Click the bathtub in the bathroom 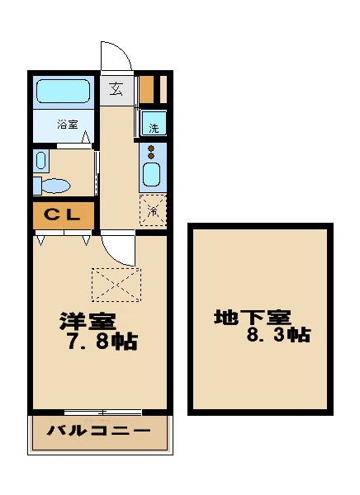point(63,92)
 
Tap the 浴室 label point(68,125)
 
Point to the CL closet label point(62,214)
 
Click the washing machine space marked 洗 point(154,125)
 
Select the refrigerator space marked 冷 point(154,209)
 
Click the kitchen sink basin point(152,175)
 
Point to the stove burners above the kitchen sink point(152,152)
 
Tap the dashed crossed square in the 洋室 point(116,285)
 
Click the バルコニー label point(98,431)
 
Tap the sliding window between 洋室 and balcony point(102,412)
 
